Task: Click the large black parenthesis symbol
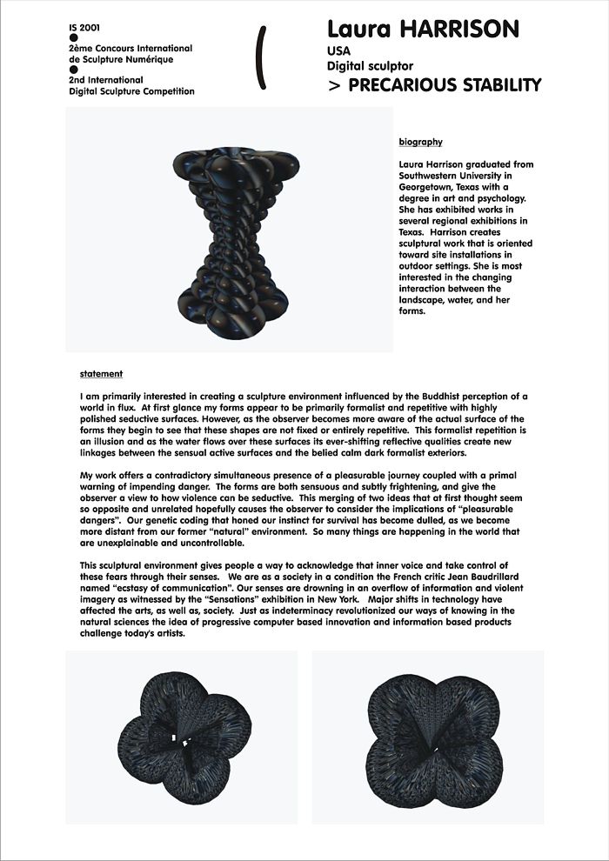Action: [259, 57]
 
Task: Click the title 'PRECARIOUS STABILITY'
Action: [444, 85]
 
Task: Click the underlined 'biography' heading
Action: [420, 143]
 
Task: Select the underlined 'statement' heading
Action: [101, 374]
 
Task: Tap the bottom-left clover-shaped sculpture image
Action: [181, 737]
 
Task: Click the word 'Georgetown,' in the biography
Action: [426, 187]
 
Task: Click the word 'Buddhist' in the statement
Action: [396, 397]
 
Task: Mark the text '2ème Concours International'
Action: [130, 49]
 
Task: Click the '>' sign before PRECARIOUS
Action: [334, 85]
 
